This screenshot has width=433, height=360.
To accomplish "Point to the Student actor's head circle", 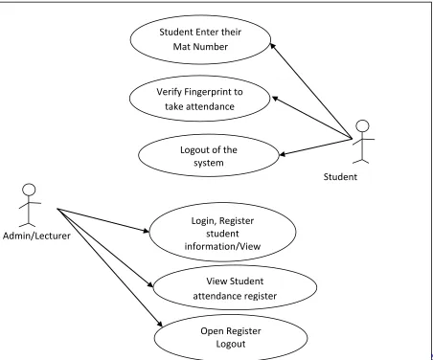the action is coord(362,126).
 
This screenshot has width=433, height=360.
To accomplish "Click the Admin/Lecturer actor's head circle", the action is coord(29,190).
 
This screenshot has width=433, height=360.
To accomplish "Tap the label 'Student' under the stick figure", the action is coord(340,177).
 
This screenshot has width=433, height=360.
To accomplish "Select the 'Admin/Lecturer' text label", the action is coord(36,236).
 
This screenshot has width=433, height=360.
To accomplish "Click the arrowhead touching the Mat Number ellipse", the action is coord(273,46).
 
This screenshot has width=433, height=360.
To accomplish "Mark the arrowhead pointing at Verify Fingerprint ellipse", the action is coord(275,99).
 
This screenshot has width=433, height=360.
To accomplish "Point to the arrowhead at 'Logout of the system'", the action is coord(283,154).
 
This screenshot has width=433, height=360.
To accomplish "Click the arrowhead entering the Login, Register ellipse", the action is coord(146,230).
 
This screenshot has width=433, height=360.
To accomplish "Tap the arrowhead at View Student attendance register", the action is coord(150,284).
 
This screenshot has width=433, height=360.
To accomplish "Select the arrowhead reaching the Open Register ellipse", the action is coord(159,323).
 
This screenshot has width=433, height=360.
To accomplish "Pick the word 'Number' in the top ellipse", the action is coord(212,47).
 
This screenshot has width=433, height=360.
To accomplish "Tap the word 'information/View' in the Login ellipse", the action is coord(222,246).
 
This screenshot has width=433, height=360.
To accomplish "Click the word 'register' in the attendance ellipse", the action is coord(262,296).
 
